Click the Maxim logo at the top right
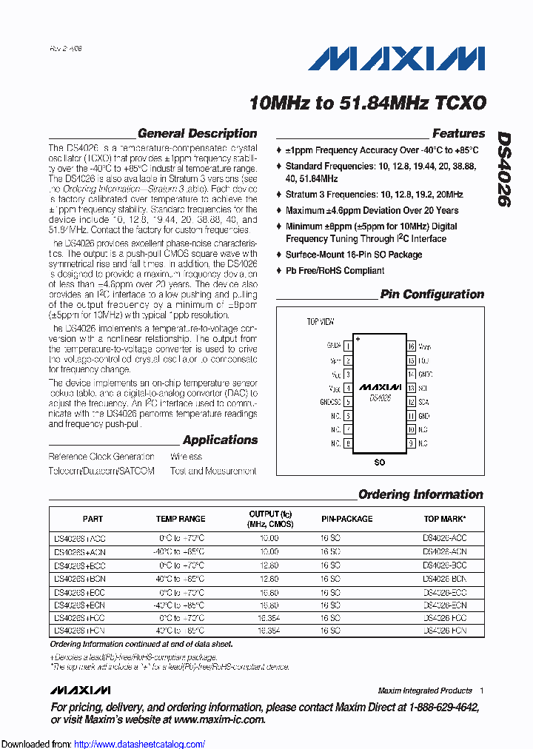pyautogui.click(x=397, y=60)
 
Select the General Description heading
pyautogui.click(x=197, y=134)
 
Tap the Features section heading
pyautogui.click(x=458, y=134)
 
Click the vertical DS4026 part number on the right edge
pyautogui.click(x=503, y=169)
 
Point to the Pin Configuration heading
pyautogui.click(x=432, y=294)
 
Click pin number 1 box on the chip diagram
pyautogui.click(x=347, y=346)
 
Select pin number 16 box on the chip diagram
pyautogui.click(x=410, y=346)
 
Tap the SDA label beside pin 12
pyautogui.click(x=423, y=402)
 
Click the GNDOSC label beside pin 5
pyautogui.click(x=330, y=402)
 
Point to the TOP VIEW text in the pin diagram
pyautogui.click(x=321, y=322)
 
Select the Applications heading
pyautogui.click(x=220, y=440)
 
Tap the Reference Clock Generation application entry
pyautogui.click(x=101, y=457)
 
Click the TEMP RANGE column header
pyautogui.click(x=181, y=519)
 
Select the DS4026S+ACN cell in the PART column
pyautogui.click(x=79, y=552)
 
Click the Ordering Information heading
pyautogui.click(x=420, y=494)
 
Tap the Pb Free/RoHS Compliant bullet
pyautogui.click(x=335, y=271)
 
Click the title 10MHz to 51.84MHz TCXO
pyautogui.click(x=368, y=103)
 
